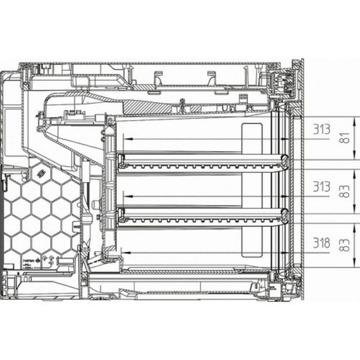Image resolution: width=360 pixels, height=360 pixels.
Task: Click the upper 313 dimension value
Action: [x=321, y=130]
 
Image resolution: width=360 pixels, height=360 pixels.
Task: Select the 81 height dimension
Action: [x=344, y=138]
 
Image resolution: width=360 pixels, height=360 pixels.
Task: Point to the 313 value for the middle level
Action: [x=321, y=187]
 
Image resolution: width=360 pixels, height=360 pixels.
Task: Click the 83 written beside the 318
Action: [x=344, y=244]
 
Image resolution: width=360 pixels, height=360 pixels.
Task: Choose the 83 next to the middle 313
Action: [x=344, y=191]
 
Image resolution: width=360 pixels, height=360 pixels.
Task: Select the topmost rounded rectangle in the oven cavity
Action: [x=252, y=137]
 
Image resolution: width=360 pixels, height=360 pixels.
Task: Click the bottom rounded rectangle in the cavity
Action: [x=252, y=243]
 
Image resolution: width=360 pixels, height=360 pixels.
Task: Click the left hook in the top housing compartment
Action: [x=158, y=77]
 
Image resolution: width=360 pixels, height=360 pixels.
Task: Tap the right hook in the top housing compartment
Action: [x=211, y=77]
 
